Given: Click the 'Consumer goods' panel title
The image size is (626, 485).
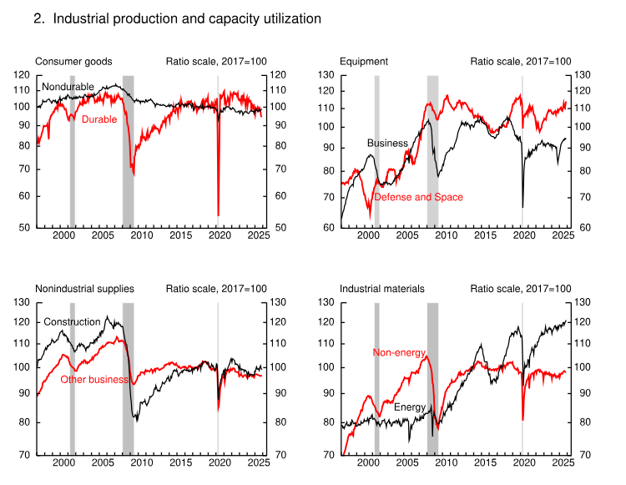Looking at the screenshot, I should pyautogui.click(x=73, y=62).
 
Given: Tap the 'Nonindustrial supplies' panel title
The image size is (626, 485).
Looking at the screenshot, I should pyautogui.click(x=84, y=289).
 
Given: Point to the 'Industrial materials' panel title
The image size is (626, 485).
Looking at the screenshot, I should pyautogui.click(x=382, y=289).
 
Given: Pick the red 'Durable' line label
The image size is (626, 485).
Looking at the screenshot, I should pyautogui.click(x=99, y=120).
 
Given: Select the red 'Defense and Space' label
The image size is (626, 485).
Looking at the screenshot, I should pyautogui.click(x=418, y=197).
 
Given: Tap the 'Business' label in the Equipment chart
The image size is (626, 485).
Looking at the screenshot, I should pyautogui.click(x=387, y=144).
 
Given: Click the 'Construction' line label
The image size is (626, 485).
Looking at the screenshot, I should pyautogui.click(x=72, y=322).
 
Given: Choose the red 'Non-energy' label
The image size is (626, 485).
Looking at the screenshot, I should pyautogui.click(x=396, y=353).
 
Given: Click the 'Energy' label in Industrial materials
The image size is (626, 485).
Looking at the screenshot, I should pyautogui.click(x=411, y=407).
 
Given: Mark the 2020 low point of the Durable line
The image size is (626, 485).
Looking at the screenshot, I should pyautogui.click(x=218, y=215).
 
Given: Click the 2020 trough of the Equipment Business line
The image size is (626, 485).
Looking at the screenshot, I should pyautogui.click(x=523, y=207).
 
